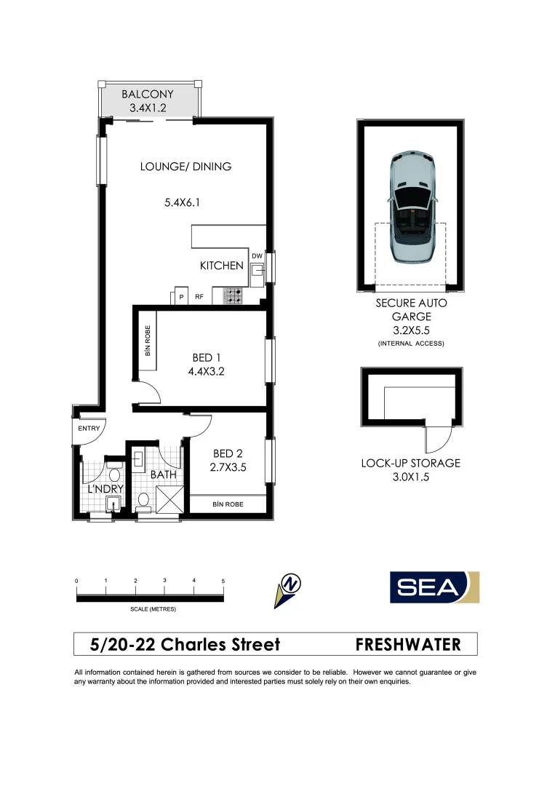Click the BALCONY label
click(x=148, y=95)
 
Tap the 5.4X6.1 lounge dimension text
click(x=182, y=203)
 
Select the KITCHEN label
click(x=222, y=266)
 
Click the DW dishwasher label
click(x=257, y=255)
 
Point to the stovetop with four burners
click(x=233, y=295)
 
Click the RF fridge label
click(x=199, y=297)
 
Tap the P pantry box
click(x=180, y=297)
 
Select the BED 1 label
click(x=206, y=357)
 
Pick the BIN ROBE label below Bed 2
click(x=228, y=504)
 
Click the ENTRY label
click(x=89, y=428)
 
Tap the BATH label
click(x=164, y=475)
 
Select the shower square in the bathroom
click(x=170, y=500)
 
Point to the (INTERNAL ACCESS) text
click(x=411, y=343)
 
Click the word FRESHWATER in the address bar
click(x=408, y=644)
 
